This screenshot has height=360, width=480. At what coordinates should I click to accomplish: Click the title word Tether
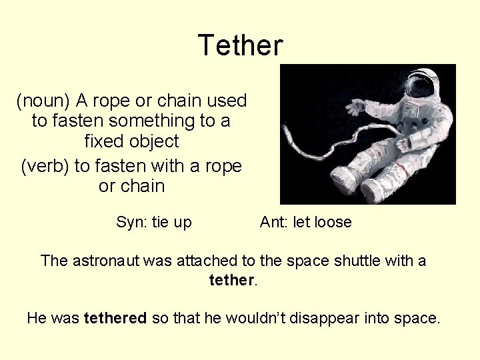pyautogui.click(x=240, y=45)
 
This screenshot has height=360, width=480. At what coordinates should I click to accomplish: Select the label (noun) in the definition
pyautogui.click(x=43, y=101)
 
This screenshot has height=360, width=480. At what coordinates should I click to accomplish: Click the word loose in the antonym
pyautogui.click(x=332, y=222)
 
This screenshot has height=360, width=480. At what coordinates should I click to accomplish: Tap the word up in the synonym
pyautogui.click(x=182, y=222)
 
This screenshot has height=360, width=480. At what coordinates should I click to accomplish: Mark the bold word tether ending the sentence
pyautogui.click(x=231, y=280)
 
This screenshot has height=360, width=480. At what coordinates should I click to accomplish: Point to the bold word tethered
pyautogui.click(x=115, y=318)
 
